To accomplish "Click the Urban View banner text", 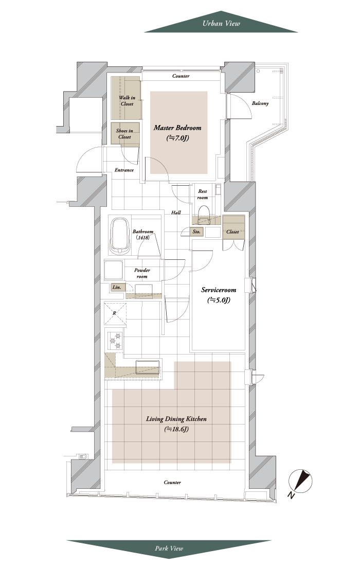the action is pyautogui.click(x=221, y=24).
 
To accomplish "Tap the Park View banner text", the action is pyautogui.click(x=169, y=549).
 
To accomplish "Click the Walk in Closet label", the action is pyautogui.click(x=127, y=101).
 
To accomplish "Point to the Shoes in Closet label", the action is pyautogui.click(x=124, y=134).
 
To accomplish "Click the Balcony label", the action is pyautogui.click(x=260, y=103).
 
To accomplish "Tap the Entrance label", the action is pyautogui.click(x=124, y=170).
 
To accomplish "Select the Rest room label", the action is pyautogui.click(x=202, y=194).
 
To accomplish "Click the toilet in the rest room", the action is pyautogui.click(x=205, y=213).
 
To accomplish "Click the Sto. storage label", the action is pyautogui.click(x=196, y=232).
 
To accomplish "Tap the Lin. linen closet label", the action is pyautogui.click(x=117, y=287).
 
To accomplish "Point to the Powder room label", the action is pyautogui.click(x=142, y=273).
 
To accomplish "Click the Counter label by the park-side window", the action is pyautogui.click(x=172, y=482).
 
